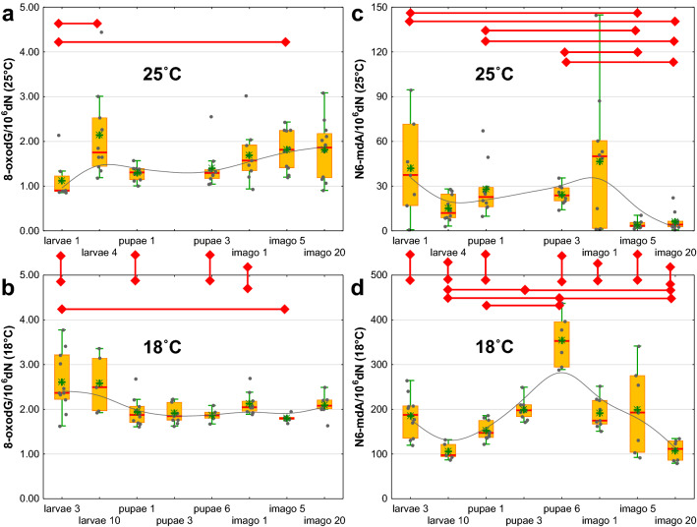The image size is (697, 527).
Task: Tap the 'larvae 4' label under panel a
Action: (98, 252)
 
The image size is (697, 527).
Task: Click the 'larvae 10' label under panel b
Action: (99, 518)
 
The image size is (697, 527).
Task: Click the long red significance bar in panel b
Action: (173, 309)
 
